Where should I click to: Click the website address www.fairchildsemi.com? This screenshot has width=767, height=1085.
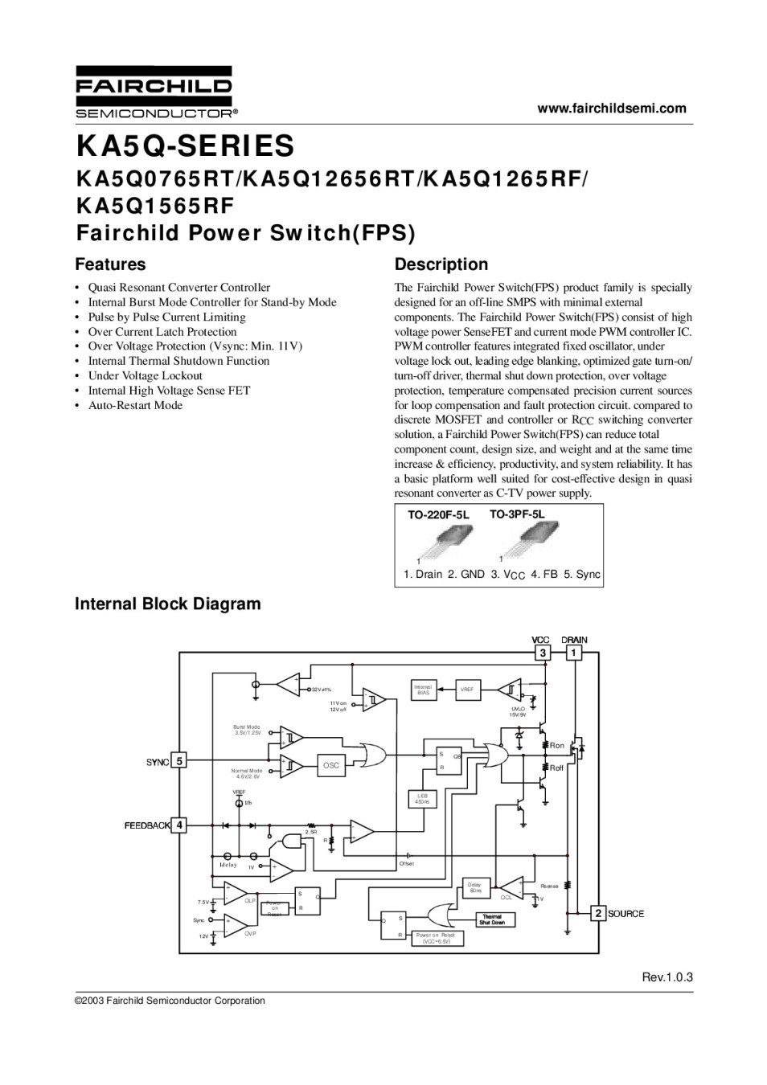pyautogui.click(x=612, y=108)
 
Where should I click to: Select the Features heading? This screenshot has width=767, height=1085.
pyautogui.click(x=110, y=264)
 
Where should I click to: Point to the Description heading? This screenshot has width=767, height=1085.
pyautogui.click(x=441, y=264)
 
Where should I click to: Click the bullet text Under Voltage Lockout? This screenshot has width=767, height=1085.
pyautogui.click(x=145, y=375)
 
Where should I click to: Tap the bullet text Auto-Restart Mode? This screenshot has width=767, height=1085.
pyautogui.click(x=135, y=405)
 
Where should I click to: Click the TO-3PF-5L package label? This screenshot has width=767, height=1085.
pyautogui.click(x=516, y=514)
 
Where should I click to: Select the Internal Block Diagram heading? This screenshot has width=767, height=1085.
pyautogui.click(x=167, y=604)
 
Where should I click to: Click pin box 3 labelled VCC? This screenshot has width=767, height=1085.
pyautogui.click(x=543, y=653)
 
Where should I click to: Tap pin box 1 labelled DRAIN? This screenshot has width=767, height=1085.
pyautogui.click(x=574, y=653)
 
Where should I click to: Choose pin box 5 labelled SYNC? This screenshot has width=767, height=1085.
pyautogui.click(x=180, y=761)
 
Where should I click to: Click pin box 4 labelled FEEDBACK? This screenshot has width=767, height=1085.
pyautogui.click(x=180, y=825)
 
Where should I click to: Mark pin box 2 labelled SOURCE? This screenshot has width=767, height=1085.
pyautogui.click(x=598, y=913)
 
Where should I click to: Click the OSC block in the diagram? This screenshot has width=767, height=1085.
pyautogui.click(x=331, y=766)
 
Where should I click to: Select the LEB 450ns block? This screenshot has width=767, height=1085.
pyautogui.click(x=422, y=799)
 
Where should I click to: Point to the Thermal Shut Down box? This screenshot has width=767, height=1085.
pyautogui.click(x=491, y=920)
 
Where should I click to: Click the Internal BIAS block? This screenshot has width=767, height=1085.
pyautogui.click(x=423, y=690)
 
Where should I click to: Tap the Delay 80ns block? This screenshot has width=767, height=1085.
pyautogui.click(x=475, y=888)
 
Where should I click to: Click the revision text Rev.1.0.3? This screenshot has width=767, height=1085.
pyautogui.click(x=667, y=977)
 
